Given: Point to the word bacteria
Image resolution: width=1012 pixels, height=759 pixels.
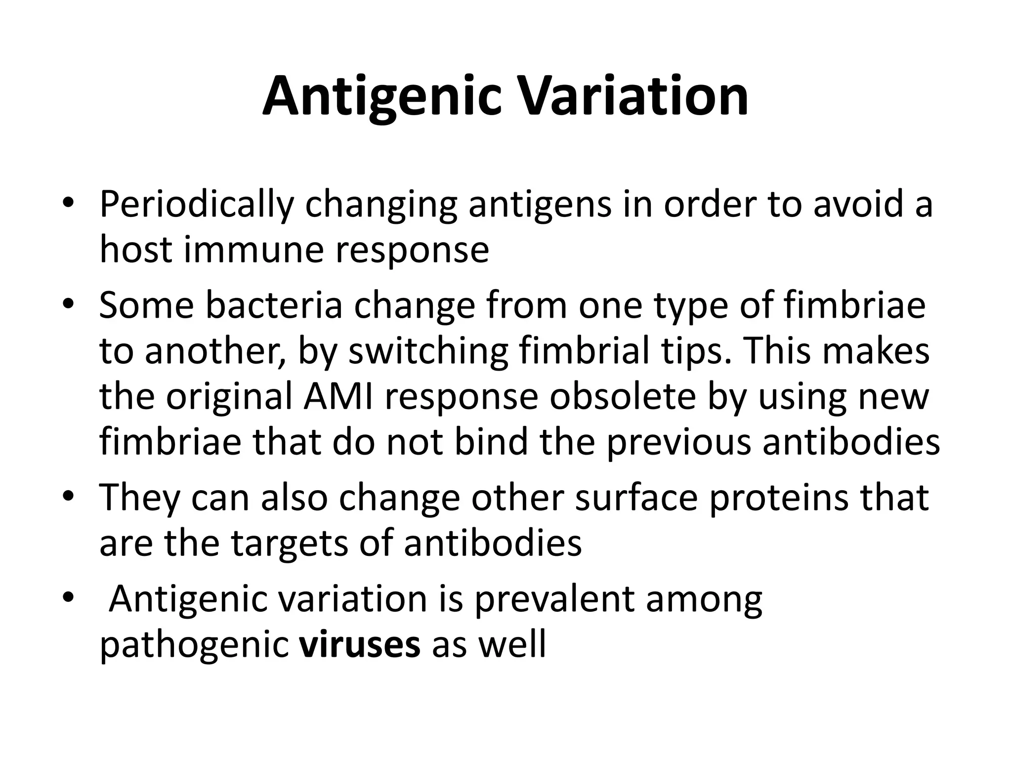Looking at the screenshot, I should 273,306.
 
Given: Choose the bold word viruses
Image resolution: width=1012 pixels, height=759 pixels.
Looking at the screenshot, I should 359,644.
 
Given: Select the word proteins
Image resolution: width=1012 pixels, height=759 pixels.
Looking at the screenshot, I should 778,498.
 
